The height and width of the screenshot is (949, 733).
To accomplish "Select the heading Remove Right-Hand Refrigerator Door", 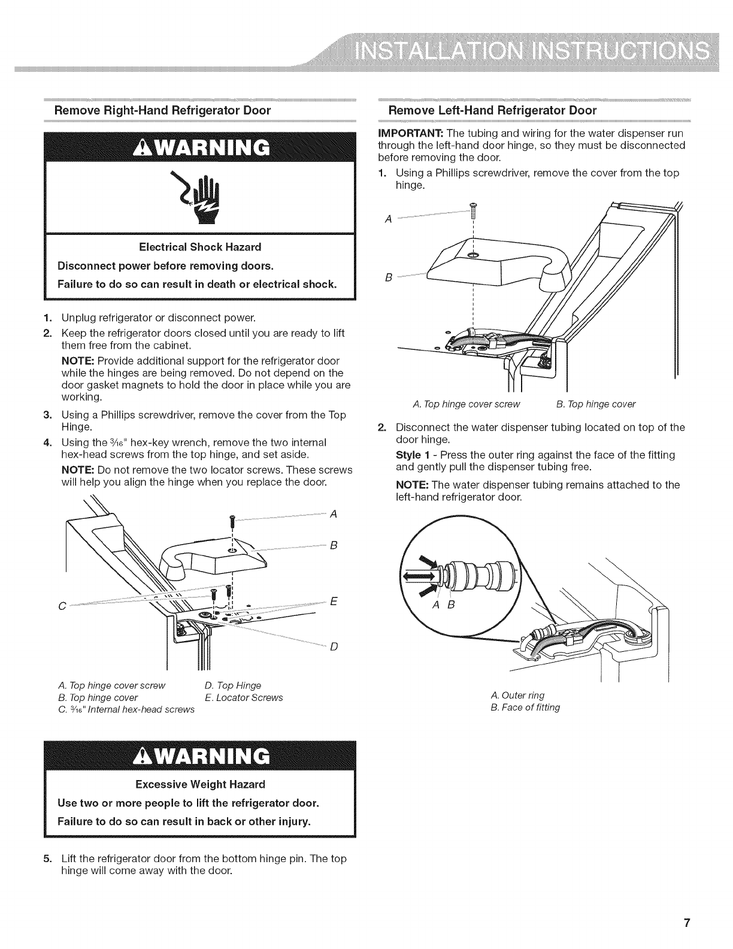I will point(163,111).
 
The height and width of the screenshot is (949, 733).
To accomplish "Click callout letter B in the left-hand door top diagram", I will point(389,277).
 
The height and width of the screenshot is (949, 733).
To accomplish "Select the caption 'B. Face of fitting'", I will point(525,707).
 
